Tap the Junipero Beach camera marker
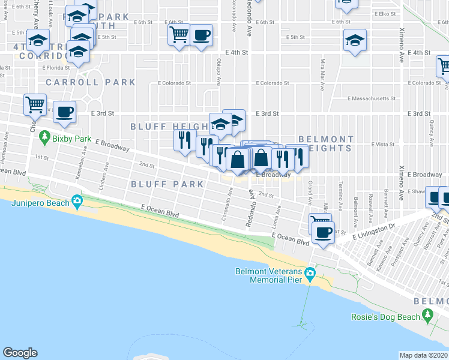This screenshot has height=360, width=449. (x=76, y=202)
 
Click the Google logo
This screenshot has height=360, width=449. (x=20, y=352)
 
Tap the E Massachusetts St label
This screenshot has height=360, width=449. (x=373, y=98)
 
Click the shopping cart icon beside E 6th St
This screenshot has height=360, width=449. (x=179, y=35)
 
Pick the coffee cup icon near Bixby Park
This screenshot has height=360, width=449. (x=65, y=112)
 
